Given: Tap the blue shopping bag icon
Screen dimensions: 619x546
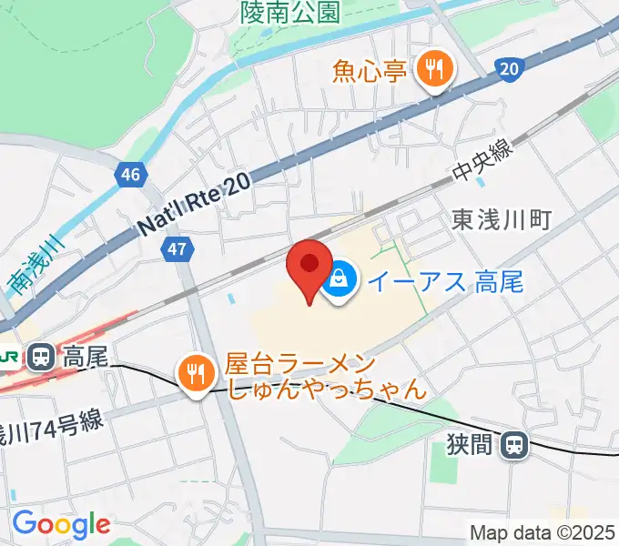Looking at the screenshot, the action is click(x=339, y=279).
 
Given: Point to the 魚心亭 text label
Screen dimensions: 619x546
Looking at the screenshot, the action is click(x=369, y=70).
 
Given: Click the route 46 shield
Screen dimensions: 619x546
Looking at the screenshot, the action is click(x=130, y=175).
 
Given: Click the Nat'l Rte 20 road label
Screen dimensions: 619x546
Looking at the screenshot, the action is click(x=194, y=208).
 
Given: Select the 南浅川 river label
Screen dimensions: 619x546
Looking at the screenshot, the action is click(x=31, y=267).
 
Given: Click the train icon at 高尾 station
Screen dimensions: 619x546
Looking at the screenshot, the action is click(x=41, y=357).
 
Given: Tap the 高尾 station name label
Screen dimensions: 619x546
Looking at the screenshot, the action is click(x=86, y=357).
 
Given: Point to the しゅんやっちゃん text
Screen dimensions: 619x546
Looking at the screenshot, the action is click(x=326, y=390).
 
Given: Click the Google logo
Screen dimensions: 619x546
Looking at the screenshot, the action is click(x=61, y=524).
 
